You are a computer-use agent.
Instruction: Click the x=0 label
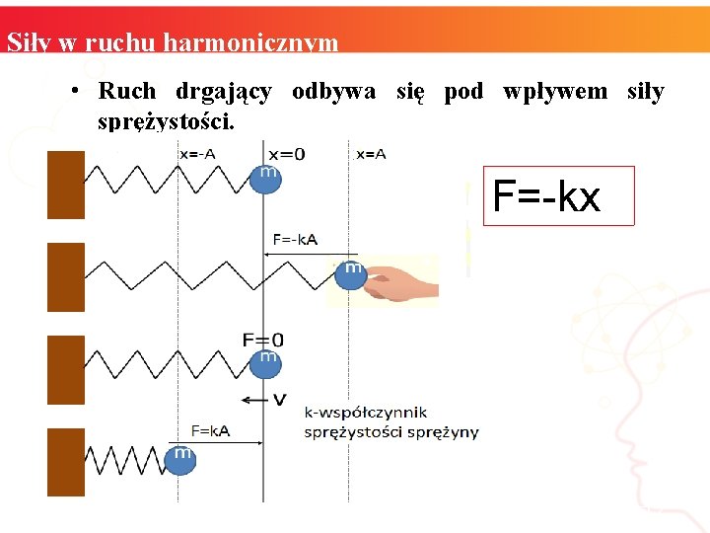[286, 153]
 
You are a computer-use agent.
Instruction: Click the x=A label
[371, 153]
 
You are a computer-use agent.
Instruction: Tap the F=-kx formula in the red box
[545, 196]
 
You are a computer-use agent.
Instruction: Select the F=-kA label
[295, 239]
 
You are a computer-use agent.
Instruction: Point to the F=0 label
[263, 341]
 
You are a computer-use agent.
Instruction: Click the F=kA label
[211, 430]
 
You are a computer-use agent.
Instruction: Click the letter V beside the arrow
[279, 399]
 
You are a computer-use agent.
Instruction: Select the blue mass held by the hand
[350, 273]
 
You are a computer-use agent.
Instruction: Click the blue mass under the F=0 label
[265, 362]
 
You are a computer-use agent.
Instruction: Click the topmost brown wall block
[66, 184]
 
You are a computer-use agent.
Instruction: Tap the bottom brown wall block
[66, 462]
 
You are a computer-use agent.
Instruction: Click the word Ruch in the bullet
[127, 92]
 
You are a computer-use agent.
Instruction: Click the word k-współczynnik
[365, 413]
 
